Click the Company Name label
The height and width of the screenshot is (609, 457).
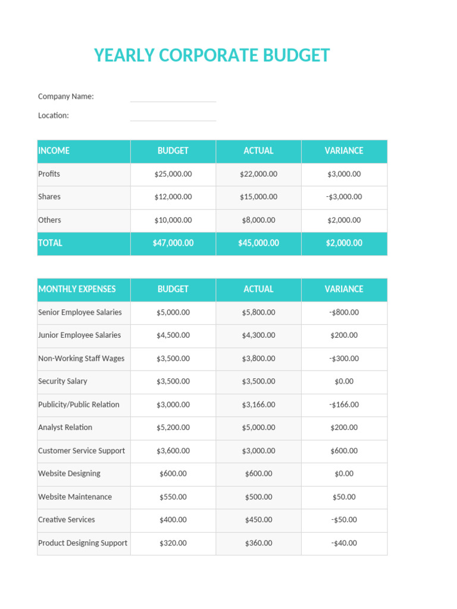tap(65, 96)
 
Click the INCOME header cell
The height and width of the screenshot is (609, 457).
tap(54, 151)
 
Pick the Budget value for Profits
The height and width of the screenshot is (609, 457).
tap(173, 174)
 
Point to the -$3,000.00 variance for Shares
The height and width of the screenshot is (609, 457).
tap(344, 197)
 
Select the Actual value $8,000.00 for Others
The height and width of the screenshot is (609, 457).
tap(258, 220)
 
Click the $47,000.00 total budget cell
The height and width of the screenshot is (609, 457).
tap(173, 243)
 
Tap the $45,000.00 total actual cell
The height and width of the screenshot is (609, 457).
tap(258, 243)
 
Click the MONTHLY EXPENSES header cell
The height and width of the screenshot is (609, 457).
tap(77, 289)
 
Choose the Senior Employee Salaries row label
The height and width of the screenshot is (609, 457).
tap(80, 312)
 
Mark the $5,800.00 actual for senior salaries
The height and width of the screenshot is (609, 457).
tap(258, 312)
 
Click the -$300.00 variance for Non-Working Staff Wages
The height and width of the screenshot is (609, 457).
tap(344, 359)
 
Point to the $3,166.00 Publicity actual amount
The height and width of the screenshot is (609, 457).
tap(258, 404)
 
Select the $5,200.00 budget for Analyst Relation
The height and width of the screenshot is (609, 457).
tap(173, 428)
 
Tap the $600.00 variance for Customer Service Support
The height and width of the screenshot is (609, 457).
tap(344, 451)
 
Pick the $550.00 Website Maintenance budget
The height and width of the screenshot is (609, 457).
tap(173, 497)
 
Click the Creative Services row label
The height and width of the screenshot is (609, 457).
tap(67, 520)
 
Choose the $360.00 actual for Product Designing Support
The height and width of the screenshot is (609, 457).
tap(258, 543)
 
